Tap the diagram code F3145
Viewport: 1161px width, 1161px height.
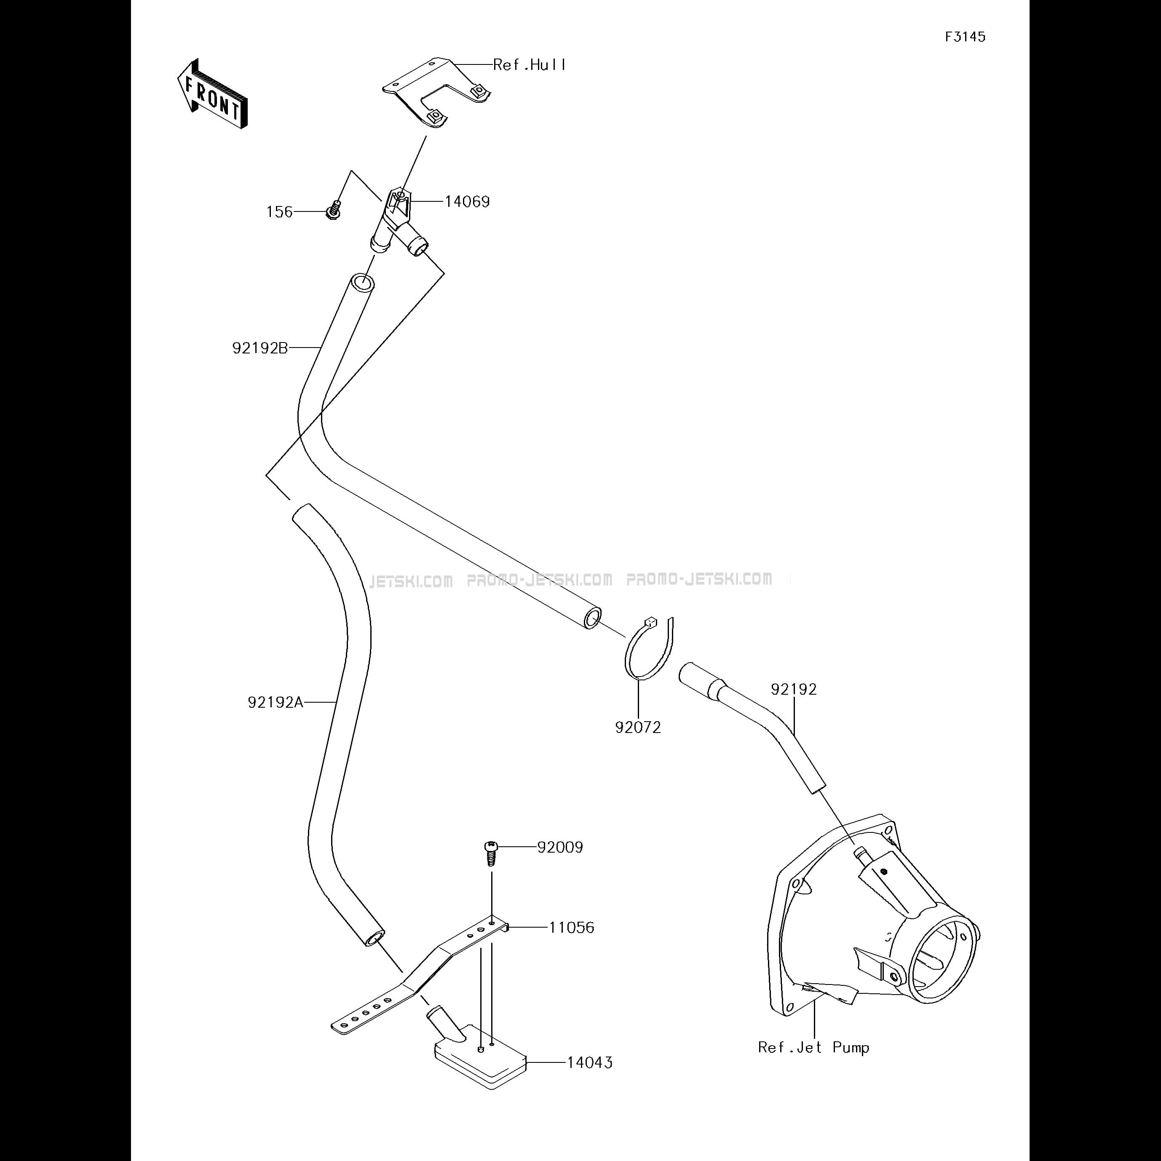coord(965,37)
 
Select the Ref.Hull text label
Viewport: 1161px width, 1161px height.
coord(530,65)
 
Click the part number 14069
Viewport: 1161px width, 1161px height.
coord(467,201)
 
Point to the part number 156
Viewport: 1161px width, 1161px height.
coord(279,212)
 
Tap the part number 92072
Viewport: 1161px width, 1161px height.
coord(638,728)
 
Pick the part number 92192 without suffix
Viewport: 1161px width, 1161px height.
coord(794,689)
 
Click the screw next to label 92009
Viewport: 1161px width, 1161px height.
coord(491,852)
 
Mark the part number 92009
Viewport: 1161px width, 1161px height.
coord(560,847)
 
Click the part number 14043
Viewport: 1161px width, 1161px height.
coord(590,1062)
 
